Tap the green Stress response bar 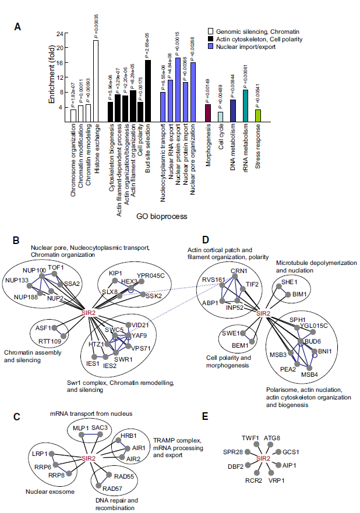click(257, 115)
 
